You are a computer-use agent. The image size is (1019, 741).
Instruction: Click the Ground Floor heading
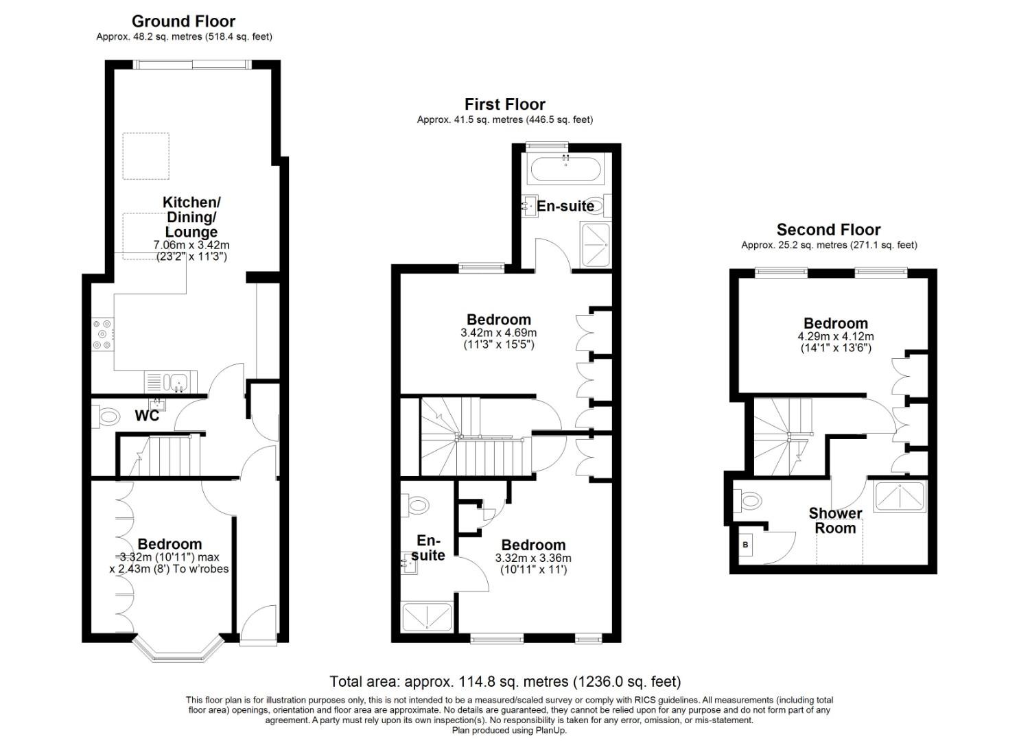(183, 21)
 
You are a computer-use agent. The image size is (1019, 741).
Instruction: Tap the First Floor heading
(504, 104)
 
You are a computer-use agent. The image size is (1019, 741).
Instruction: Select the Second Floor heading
(828, 230)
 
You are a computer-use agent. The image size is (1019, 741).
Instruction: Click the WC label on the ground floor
(147, 416)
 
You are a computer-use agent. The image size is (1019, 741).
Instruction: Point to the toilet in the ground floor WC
(108, 416)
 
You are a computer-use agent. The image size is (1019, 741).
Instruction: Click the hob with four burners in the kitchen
(104, 334)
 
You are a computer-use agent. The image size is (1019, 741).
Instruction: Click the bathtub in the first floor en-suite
(565, 169)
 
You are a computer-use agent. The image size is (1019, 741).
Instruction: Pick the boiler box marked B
(746, 545)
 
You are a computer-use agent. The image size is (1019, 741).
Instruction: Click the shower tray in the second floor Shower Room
(900, 496)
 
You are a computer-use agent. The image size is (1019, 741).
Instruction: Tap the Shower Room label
(835, 521)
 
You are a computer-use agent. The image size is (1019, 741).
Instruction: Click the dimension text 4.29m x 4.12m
(835, 337)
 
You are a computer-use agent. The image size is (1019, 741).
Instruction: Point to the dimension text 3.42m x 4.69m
(498, 333)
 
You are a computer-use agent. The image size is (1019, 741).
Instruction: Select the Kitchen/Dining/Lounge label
(191, 217)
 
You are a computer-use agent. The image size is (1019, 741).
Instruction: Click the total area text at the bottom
(505, 681)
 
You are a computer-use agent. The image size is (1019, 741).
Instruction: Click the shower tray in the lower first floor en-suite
(426, 616)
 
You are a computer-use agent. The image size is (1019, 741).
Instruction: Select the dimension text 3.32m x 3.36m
(532, 558)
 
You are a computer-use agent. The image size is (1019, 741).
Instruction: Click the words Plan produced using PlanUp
(509, 731)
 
